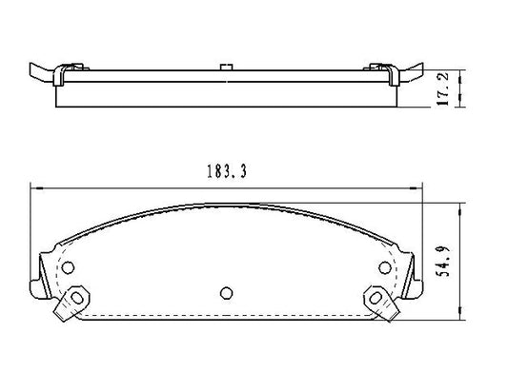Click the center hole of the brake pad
pyautogui.click(x=226, y=292)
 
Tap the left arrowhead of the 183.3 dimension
pyautogui.click(x=35, y=187)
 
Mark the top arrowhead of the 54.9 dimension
pyautogui.click(x=461, y=206)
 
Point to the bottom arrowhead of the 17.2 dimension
pyautogui.click(x=461, y=107)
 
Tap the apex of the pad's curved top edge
pyautogui.click(x=226, y=201)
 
